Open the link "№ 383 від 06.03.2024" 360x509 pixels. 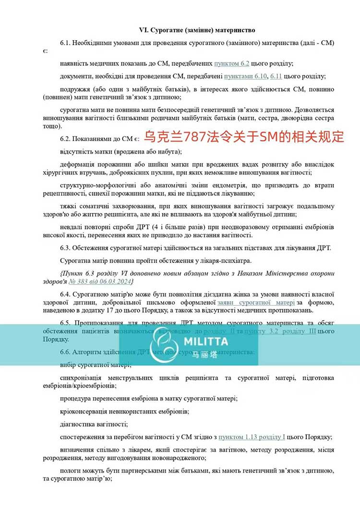pyautogui.click(x=99, y=281)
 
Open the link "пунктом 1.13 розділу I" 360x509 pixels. pyautogui.click(x=252, y=437)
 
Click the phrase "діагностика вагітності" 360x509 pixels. pyautogui.click(x=94, y=424)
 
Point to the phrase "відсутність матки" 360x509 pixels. pyautogui.click(x=88, y=152)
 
